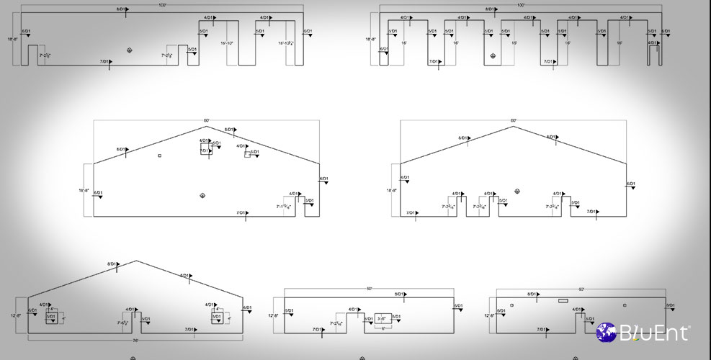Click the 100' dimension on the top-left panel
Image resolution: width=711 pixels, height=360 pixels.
click(x=162, y=4)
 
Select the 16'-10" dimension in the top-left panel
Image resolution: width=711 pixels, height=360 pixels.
click(x=227, y=43)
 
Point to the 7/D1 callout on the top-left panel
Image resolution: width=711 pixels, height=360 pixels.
click(x=105, y=62)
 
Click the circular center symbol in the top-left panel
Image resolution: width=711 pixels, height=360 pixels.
click(x=130, y=50)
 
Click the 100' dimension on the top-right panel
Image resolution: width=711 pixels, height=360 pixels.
click(x=520, y=4)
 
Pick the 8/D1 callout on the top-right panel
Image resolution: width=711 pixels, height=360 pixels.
click(x=491, y=10)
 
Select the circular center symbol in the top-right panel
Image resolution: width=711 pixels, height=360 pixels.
click(x=493, y=55)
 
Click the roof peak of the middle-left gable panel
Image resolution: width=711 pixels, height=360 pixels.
click(x=207, y=125)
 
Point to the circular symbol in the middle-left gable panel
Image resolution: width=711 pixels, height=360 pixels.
click(x=202, y=196)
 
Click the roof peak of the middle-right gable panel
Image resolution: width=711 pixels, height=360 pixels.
click(x=513, y=126)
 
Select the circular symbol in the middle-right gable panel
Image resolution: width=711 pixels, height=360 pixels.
click(x=517, y=191)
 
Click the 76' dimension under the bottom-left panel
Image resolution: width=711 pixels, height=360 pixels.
click(x=135, y=341)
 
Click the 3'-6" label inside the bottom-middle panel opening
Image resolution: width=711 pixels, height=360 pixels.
click(x=382, y=318)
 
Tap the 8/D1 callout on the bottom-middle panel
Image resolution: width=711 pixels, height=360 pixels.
click(x=399, y=294)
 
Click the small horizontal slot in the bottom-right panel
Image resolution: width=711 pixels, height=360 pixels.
click(x=563, y=300)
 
